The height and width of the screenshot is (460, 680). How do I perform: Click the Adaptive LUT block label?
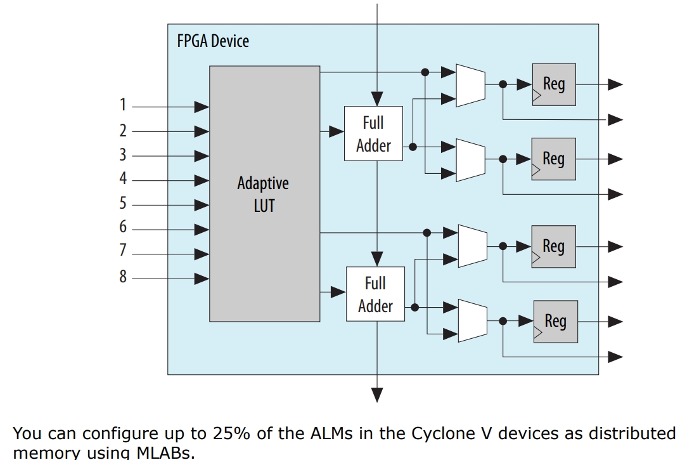(263, 194)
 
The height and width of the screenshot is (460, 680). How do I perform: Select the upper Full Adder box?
(373, 133)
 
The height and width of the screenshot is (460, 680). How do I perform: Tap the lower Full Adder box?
(376, 294)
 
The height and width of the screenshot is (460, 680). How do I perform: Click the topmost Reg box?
(555, 84)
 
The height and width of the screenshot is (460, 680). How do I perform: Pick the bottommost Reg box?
(556, 322)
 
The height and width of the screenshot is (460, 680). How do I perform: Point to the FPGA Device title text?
(213, 41)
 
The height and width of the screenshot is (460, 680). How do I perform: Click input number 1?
(123, 105)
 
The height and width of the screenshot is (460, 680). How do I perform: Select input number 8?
(123, 276)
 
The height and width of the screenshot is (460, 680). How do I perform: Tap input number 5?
(123, 203)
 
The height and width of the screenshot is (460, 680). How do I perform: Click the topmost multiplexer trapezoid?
(470, 86)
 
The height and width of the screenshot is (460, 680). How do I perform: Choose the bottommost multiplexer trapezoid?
(473, 320)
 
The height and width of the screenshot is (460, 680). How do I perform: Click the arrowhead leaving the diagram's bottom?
(377, 395)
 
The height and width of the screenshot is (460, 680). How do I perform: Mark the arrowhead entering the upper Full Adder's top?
(377, 99)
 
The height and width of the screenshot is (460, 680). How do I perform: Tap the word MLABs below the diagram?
(165, 452)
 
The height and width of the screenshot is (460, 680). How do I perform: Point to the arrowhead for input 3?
(202, 155)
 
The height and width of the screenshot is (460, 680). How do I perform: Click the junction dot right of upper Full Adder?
(413, 147)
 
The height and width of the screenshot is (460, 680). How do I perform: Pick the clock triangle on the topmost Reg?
(537, 96)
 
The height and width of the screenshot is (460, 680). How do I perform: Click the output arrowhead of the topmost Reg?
(615, 84)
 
